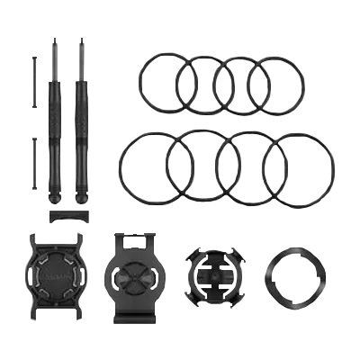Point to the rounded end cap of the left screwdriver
61,197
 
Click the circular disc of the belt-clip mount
132,270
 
